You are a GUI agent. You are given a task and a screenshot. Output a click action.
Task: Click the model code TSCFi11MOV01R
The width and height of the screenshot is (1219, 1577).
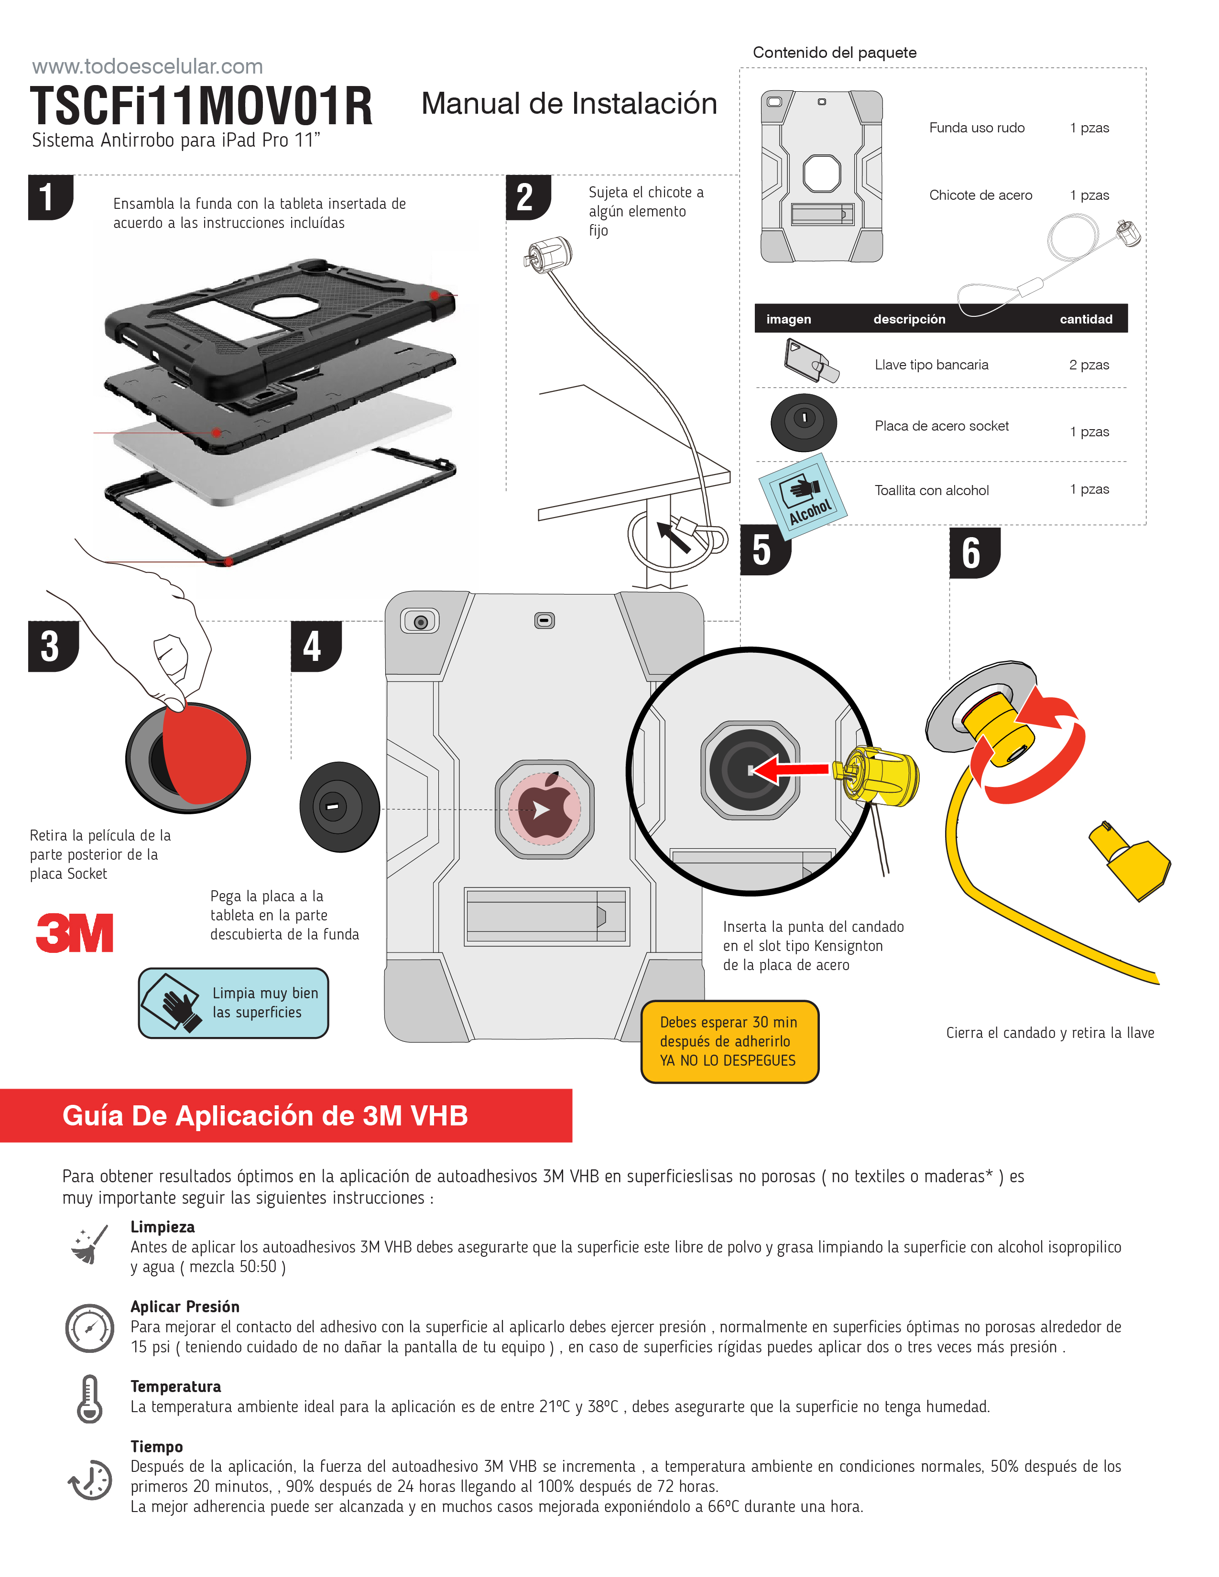point(201,106)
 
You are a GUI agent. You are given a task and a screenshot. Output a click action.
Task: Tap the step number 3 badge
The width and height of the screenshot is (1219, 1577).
point(51,646)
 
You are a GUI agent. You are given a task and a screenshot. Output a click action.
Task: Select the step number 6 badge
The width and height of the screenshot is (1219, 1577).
point(973,553)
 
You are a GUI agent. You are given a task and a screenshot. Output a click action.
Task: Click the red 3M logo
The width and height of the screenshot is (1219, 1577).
point(75,932)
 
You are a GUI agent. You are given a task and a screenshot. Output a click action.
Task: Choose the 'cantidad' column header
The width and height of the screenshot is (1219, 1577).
point(1086,319)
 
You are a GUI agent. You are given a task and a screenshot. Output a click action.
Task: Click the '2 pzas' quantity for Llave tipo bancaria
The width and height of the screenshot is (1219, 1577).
point(1088,365)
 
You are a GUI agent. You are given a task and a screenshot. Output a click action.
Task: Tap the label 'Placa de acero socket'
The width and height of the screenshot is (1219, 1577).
point(941,426)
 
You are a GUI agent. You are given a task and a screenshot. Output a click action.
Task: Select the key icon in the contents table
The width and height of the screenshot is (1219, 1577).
point(809,361)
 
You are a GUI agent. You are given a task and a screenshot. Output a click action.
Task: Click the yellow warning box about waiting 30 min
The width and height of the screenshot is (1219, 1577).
point(729,1041)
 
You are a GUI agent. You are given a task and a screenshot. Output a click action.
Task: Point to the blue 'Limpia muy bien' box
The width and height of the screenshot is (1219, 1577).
point(233,1003)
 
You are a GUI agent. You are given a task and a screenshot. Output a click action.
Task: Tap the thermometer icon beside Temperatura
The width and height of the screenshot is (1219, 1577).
point(89,1399)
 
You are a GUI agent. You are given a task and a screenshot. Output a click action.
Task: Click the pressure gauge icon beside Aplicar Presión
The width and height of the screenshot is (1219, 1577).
point(89,1328)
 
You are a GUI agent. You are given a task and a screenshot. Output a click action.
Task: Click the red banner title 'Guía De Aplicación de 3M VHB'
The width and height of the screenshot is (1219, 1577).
point(265,1115)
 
